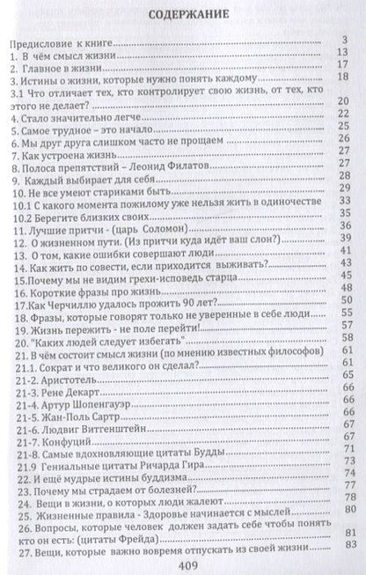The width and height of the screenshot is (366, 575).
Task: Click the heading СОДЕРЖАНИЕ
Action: click(182, 15)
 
